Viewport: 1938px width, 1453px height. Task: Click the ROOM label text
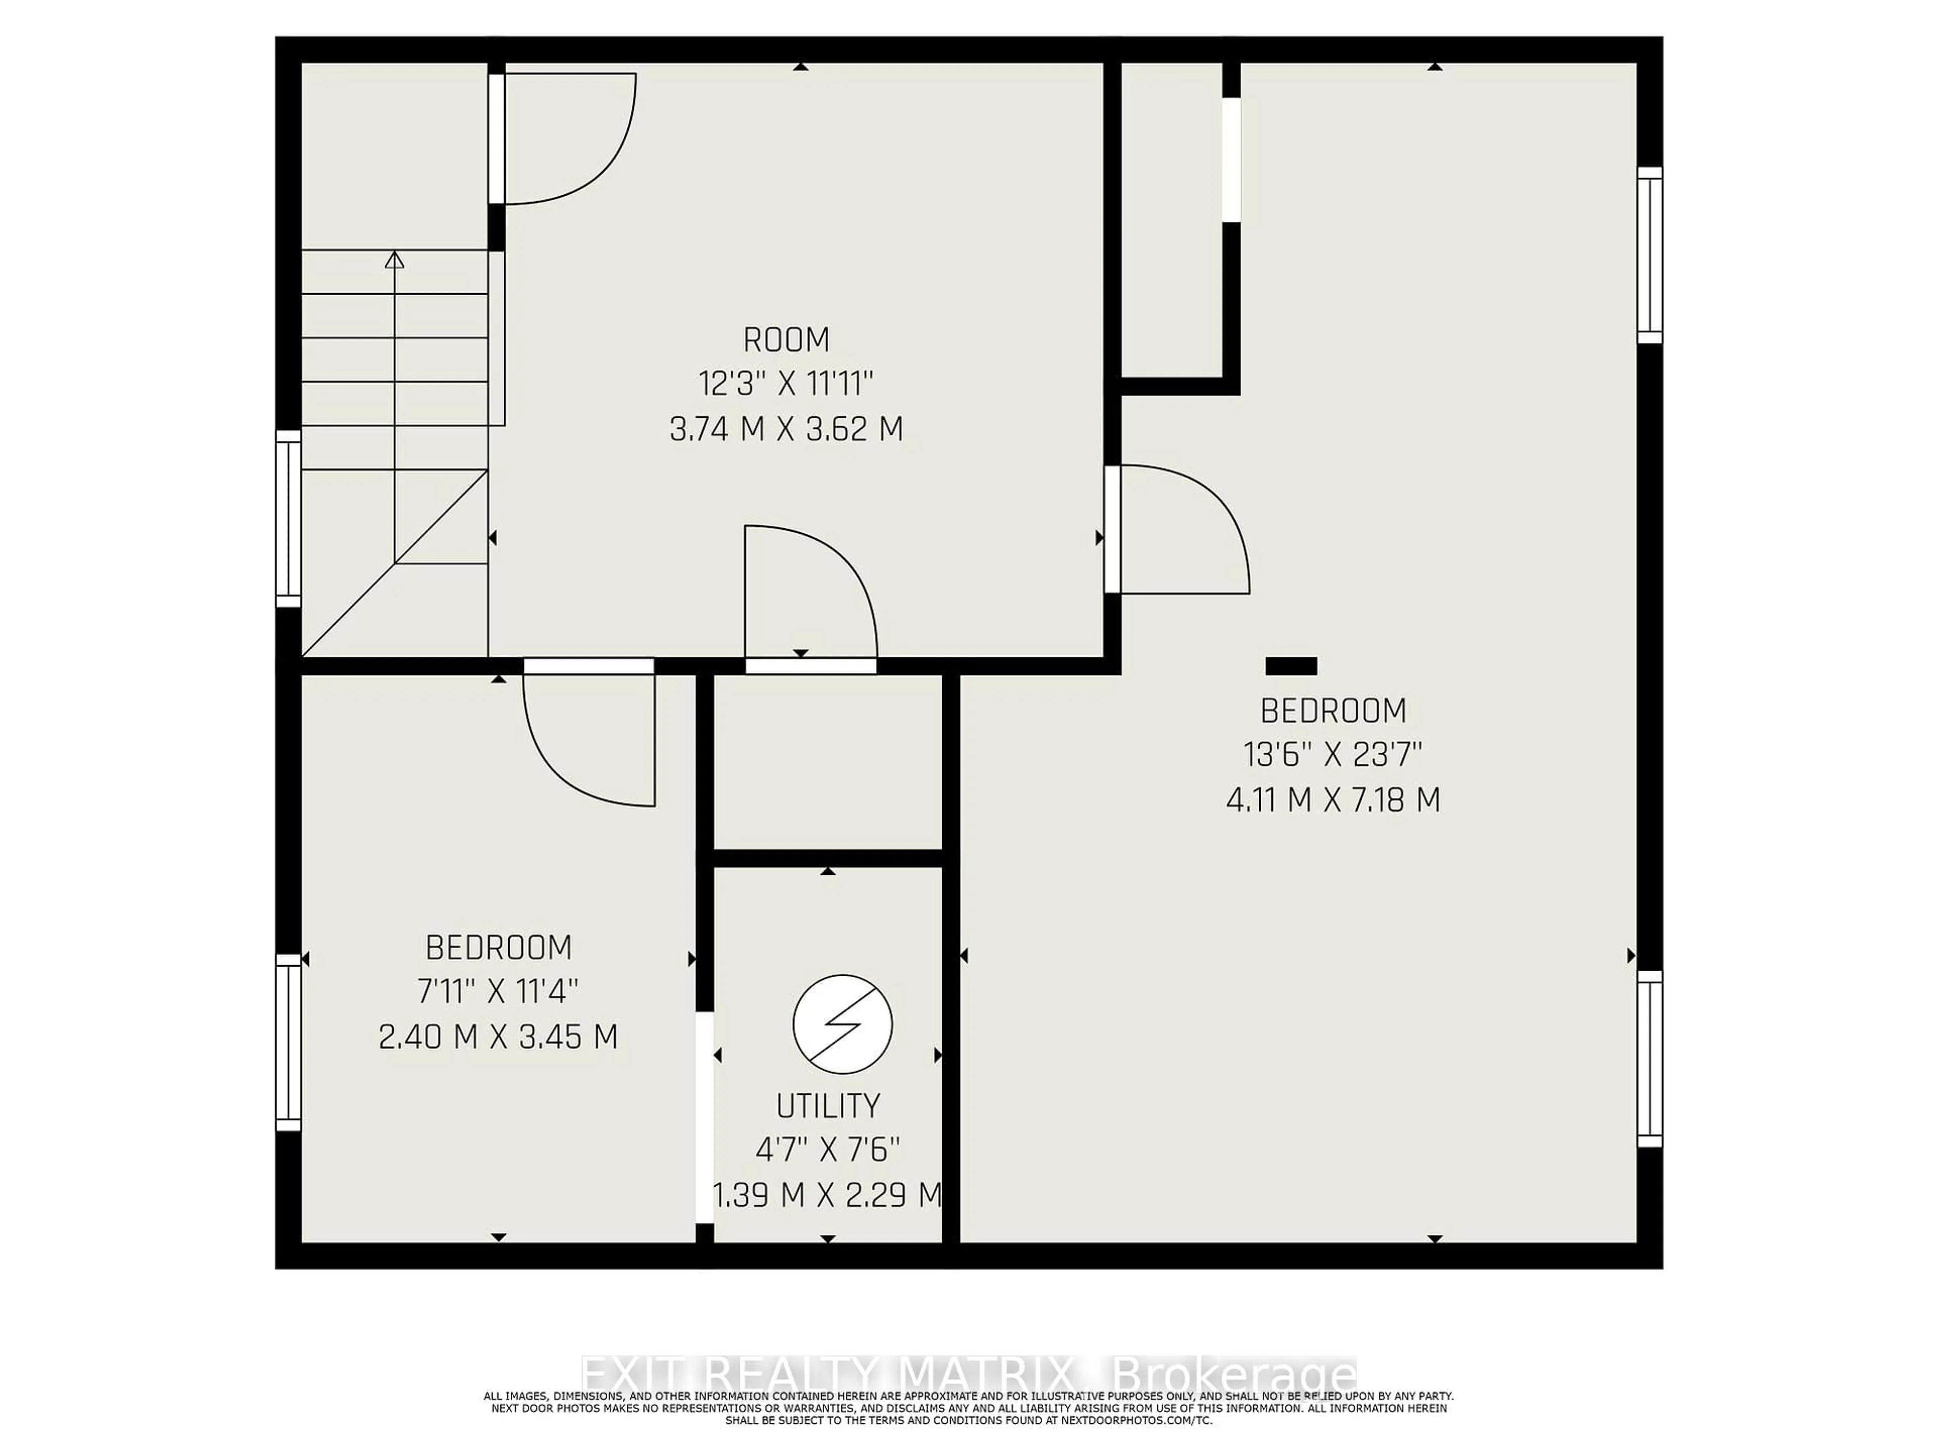point(786,339)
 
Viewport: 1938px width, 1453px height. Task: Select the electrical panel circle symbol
point(842,1024)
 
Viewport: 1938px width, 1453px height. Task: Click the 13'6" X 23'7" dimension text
point(1332,754)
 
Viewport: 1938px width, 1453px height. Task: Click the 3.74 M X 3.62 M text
point(786,429)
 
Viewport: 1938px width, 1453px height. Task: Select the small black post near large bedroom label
point(1290,666)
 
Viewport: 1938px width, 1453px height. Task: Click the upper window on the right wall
point(1650,255)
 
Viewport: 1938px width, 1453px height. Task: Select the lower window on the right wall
point(1650,1058)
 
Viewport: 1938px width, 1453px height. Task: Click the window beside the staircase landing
point(288,519)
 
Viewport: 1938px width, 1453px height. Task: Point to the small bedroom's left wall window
point(288,1042)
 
